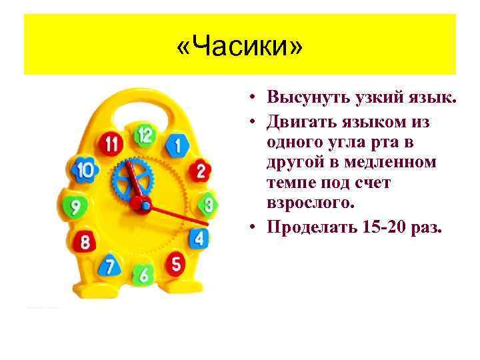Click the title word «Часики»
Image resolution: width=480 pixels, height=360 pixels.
point(240,47)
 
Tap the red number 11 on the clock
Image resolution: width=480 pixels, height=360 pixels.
point(111,144)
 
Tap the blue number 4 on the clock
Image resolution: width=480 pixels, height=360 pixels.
point(199,237)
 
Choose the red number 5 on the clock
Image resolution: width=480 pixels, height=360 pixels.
point(176,264)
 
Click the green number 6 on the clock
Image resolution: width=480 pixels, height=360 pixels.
point(143,273)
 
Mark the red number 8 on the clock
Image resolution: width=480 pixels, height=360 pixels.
point(85,241)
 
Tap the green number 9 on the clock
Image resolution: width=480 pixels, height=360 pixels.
point(76,207)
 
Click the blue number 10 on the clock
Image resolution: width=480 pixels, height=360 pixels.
point(85,171)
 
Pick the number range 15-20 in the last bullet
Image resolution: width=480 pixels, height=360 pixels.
point(387,228)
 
